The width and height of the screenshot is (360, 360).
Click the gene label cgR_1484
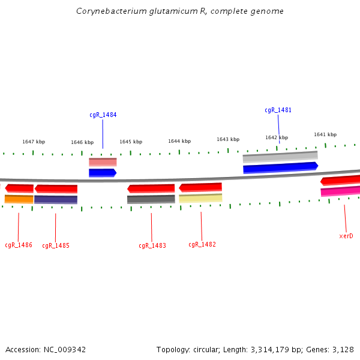click(103, 115)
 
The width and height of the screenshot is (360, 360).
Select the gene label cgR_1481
click(278, 110)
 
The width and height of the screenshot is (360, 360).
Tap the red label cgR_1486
click(19, 245)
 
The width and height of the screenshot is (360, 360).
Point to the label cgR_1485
click(56, 245)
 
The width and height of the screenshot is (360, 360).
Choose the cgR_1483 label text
click(152, 245)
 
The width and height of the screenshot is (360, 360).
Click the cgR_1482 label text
click(202, 245)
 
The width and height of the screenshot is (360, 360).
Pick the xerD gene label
click(346, 236)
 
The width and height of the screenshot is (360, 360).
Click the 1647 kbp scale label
click(34, 142)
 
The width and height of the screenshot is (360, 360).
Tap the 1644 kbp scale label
click(179, 142)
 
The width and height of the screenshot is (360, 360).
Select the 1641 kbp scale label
click(325, 135)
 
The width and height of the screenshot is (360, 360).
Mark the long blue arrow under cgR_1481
click(280, 167)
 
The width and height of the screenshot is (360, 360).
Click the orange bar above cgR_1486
click(19, 199)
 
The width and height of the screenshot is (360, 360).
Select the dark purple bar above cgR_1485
click(56, 199)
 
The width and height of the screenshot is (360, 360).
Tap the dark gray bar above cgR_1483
click(151, 199)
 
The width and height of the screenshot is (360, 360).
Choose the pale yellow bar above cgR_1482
click(200, 198)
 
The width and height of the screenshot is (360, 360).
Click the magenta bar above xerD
click(340, 191)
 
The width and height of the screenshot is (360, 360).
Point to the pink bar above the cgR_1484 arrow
click(103, 162)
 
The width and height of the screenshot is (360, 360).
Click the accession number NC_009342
click(62, 349)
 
